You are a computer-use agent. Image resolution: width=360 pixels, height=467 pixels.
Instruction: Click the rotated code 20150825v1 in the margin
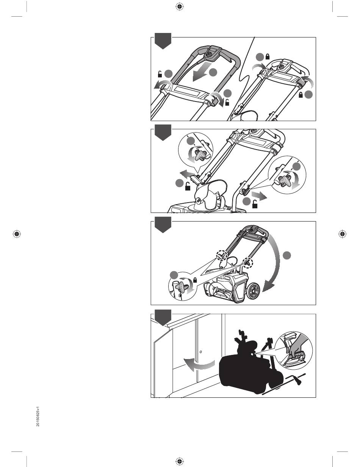click(x=38, y=417)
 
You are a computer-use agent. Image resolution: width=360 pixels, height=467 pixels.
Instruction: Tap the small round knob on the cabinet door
click(x=200, y=352)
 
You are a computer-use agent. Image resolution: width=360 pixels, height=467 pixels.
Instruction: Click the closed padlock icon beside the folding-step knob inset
click(x=195, y=280)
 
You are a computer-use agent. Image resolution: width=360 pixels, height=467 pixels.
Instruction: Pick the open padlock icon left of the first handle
click(x=160, y=74)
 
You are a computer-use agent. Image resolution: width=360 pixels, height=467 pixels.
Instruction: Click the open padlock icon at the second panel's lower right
click(x=255, y=204)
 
